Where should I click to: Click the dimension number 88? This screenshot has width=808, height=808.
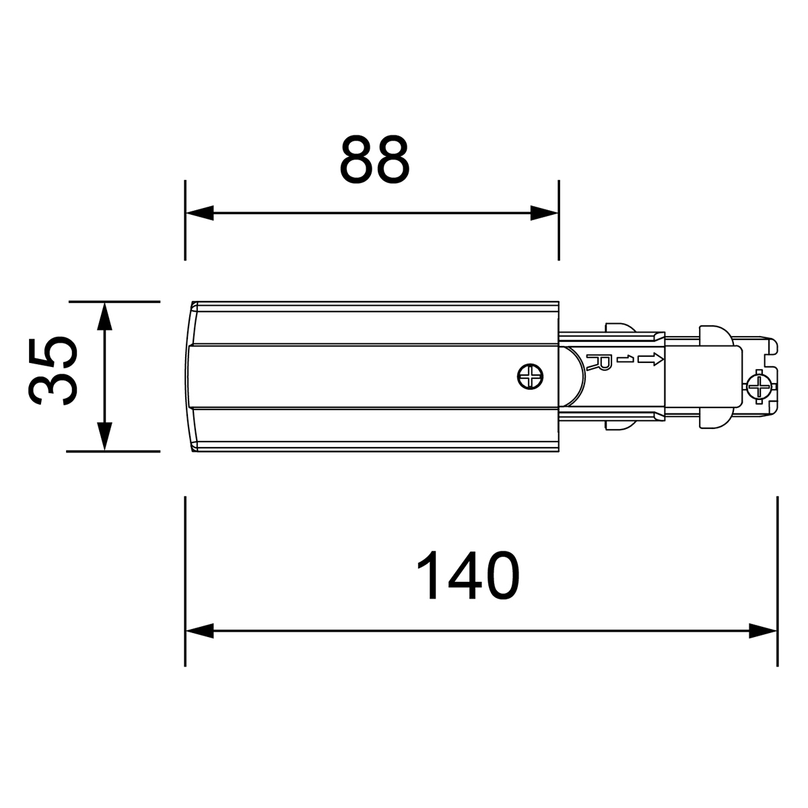pos(374,160)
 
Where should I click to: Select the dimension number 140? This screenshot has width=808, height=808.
pos(469,576)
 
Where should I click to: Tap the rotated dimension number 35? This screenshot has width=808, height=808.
pos(53,370)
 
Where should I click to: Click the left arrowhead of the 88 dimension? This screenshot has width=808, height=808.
pos(199,213)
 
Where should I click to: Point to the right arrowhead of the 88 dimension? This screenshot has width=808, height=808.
pos(544,213)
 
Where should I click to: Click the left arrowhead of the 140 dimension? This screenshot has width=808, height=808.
pos(199,642)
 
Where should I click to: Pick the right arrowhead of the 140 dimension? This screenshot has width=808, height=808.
pos(763,642)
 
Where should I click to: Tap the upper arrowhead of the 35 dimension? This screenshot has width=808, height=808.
pos(104,316)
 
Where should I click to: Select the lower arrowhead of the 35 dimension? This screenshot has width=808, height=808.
pos(104,437)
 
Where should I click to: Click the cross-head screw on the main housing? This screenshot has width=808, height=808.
pos(531,376)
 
